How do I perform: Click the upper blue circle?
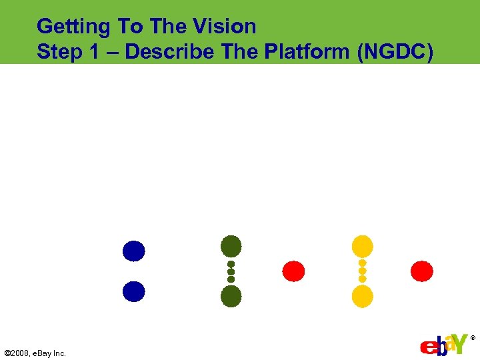click(133, 251)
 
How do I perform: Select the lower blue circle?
click(133, 291)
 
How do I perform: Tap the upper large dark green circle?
click(231, 246)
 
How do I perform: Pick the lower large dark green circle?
click(231, 296)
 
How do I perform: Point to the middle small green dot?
click(231, 271)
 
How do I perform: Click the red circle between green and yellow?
click(293, 271)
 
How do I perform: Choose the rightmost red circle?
click(421, 271)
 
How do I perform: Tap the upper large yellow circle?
click(362, 246)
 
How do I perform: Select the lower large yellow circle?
click(362, 296)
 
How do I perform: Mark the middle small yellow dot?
click(362, 271)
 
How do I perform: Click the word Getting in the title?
click(73, 27)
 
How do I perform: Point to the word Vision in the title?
click(223, 27)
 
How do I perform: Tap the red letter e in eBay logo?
click(427, 347)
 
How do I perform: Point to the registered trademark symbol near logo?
click(473, 338)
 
